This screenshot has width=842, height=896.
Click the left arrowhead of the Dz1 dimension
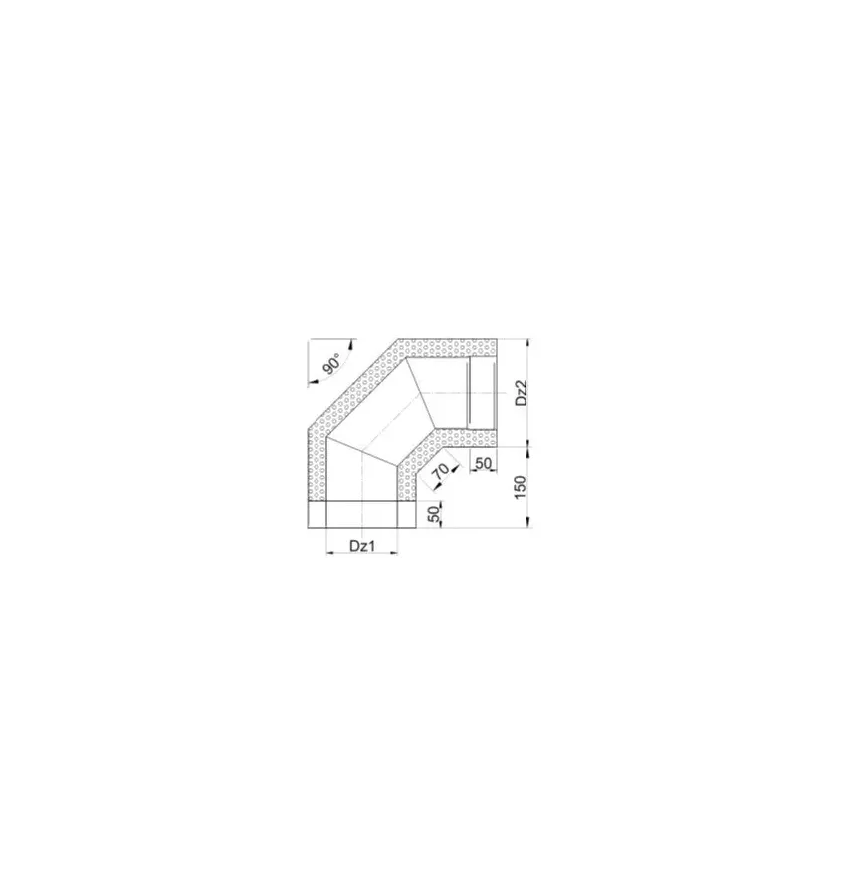[x=329, y=552]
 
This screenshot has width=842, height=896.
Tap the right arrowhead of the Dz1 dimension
[x=394, y=552]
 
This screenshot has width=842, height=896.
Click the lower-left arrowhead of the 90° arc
[x=301, y=379]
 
